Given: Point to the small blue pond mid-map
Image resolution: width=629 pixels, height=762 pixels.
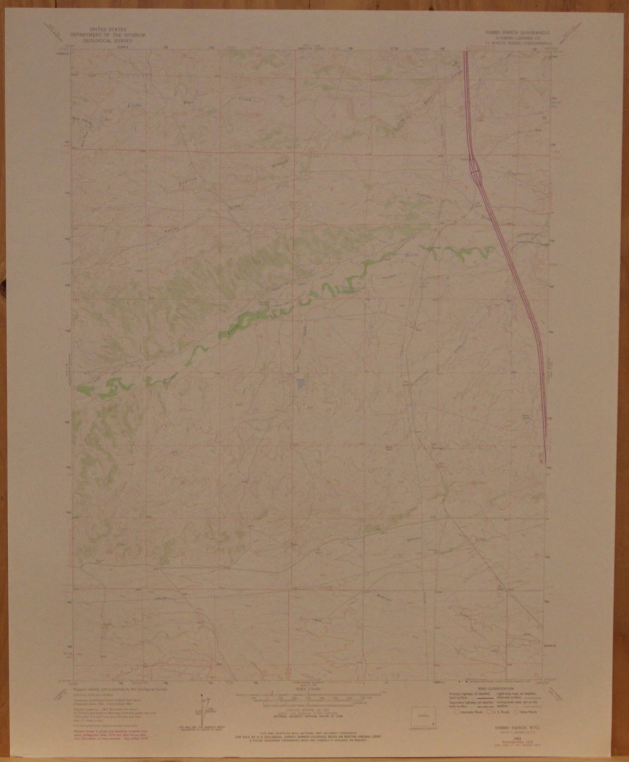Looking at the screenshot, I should point(301,384).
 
